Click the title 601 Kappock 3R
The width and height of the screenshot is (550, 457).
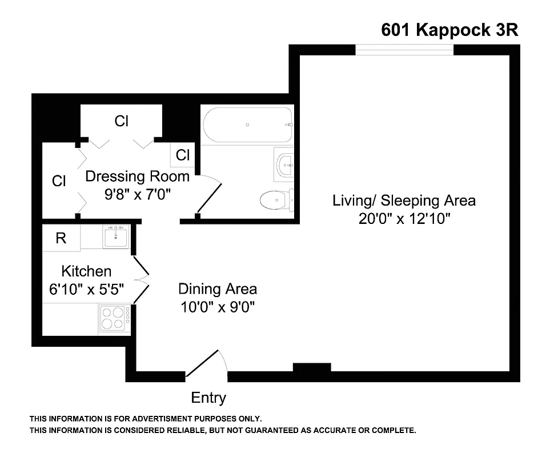tap(449, 30)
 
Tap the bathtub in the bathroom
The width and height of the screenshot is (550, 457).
tap(247, 125)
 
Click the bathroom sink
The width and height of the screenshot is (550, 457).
tap(284, 164)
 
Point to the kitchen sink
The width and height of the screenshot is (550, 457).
tap(116, 236)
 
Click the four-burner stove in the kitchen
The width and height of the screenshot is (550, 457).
tap(113, 318)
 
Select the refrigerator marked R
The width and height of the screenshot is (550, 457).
tap(61, 238)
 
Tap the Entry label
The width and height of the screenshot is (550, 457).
tap(208, 398)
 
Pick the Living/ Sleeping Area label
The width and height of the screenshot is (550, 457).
tap(404, 201)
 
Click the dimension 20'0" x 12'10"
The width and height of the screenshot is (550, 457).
tap(404, 219)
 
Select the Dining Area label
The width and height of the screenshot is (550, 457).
tap(217, 288)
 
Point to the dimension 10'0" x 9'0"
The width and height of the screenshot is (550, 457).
tap(217, 307)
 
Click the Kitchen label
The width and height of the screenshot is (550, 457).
tap(86, 271)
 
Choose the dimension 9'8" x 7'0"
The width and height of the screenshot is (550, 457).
tap(137, 194)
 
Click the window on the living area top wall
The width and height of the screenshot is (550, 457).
tap(404, 50)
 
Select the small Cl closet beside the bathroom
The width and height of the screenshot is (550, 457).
tap(183, 155)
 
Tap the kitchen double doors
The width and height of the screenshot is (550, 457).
tap(140, 279)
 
